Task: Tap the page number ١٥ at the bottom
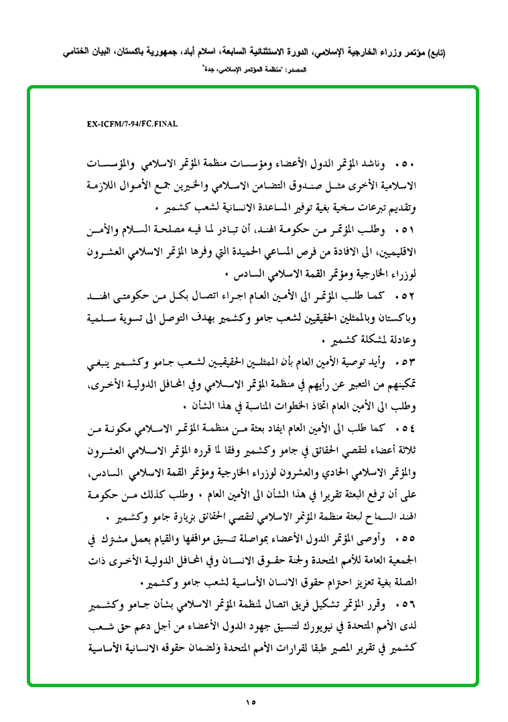[251, 703]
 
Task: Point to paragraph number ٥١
[407, 230]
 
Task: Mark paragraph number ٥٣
[407, 363]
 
